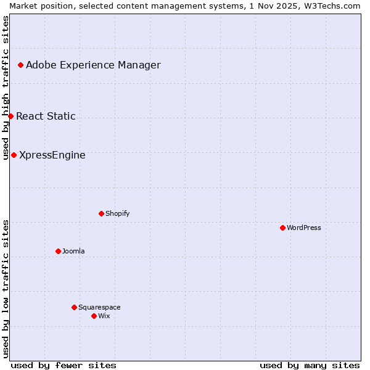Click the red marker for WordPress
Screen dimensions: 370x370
[x=282, y=228]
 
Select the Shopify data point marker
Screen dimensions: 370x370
[x=101, y=213]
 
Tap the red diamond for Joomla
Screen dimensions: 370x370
[x=58, y=251]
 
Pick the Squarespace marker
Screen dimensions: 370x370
[x=74, y=307]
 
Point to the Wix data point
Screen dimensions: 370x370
[x=94, y=316]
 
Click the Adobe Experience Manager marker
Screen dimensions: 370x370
[x=20, y=65]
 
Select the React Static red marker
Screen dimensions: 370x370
[x=10, y=116]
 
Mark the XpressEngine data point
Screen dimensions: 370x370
[x=14, y=155]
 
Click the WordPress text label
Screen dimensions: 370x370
[x=304, y=228]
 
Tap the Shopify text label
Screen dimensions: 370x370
[x=118, y=213]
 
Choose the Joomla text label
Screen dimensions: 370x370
[x=73, y=251]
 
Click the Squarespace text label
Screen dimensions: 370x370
[x=99, y=307]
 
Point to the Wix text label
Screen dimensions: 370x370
[x=104, y=316]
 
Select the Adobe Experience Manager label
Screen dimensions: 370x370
[x=93, y=65]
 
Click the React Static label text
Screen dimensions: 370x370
[x=46, y=116]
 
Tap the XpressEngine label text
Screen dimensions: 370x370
[x=52, y=155]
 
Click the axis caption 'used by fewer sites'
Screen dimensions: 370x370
[x=64, y=365]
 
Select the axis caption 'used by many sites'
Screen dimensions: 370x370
[x=310, y=365]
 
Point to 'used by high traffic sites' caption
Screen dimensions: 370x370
[x=6, y=88]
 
